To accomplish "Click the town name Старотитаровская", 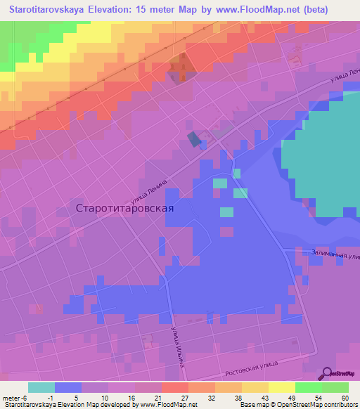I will (124, 208).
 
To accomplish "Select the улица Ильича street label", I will (176, 342).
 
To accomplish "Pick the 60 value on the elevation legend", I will (345, 397).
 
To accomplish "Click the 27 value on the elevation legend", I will (184, 397).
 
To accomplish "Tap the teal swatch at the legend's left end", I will (41, 387).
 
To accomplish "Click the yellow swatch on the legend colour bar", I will (281, 387).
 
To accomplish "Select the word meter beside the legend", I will (12, 397).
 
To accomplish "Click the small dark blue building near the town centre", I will (193, 139).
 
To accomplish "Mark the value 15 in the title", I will (150, 11).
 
